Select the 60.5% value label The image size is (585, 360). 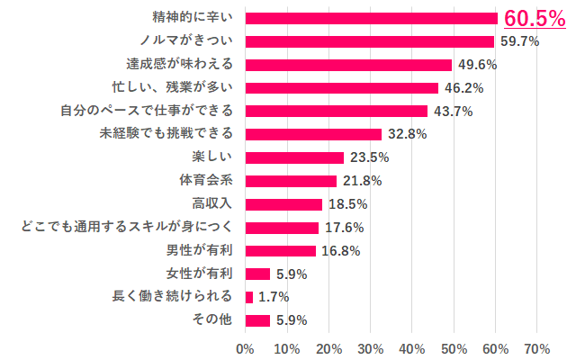point(534,18)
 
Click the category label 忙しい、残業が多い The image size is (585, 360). point(169,88)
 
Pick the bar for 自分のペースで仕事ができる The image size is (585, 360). point(336,111)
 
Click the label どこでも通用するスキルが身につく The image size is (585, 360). point(126,228)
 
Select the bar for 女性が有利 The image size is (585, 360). point(257,274)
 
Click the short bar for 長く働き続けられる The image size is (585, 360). point(248,297)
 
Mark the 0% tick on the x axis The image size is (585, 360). point(245,347)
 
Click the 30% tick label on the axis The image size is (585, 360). point(370,347)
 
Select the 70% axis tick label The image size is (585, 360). point(537,347)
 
